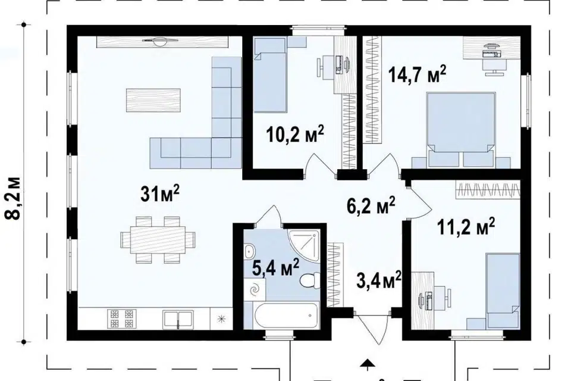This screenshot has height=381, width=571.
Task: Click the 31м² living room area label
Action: click(x=160, y=193)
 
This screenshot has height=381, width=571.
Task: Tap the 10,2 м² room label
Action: click(x=295, y=134)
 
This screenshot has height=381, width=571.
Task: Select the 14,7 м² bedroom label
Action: click(x=417, y=74)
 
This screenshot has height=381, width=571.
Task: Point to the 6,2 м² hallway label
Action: click(x=371, y=205)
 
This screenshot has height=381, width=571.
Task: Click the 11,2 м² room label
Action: click(x=466, y=227)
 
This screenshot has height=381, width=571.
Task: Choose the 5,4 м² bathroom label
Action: click(x=275, y=268)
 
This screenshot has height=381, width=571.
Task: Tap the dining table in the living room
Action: click(x=158, y=239)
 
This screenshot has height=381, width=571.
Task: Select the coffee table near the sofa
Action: click(x=153, y=100)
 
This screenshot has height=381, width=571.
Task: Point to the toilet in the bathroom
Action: click(x=309, y=280)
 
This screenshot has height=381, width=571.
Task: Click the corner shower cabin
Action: click(x=304, y=245)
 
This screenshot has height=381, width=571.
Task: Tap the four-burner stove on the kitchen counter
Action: click(x=121, y=318)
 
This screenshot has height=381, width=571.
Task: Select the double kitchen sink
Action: click(x=178, y=320)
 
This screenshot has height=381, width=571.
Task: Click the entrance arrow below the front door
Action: click(x=368, y=363)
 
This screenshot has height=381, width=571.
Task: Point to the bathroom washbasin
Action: click(x=249, y=251)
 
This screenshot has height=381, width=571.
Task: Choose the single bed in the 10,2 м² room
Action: click(x=269, y=76)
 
